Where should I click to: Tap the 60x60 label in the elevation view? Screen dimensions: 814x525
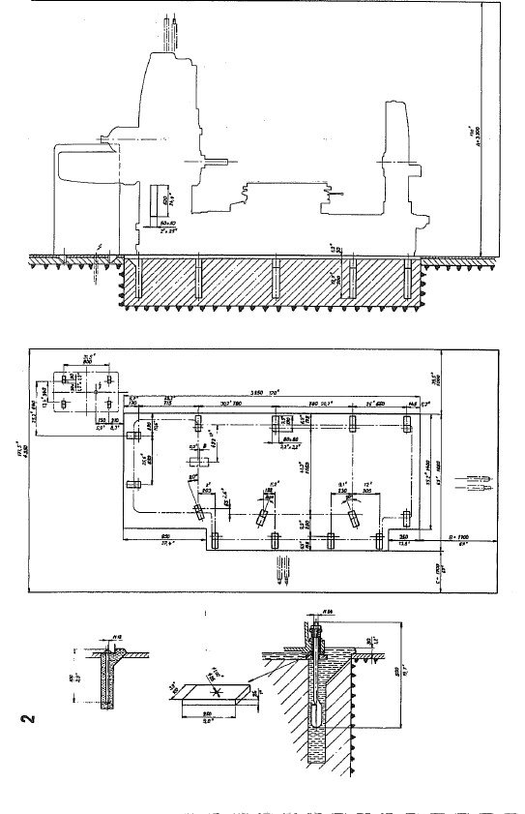pyautogui.click(x=159, y=223)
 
